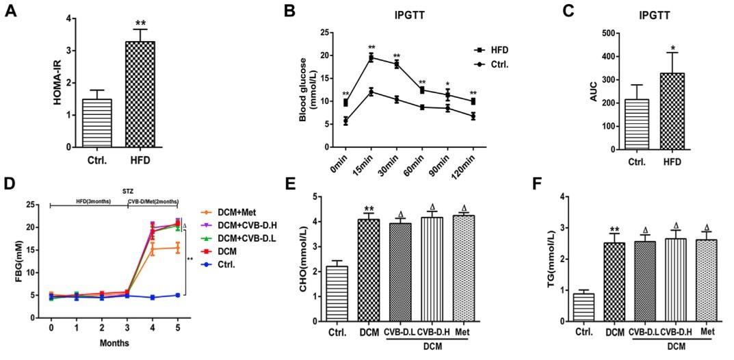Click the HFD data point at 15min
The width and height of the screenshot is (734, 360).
(x=371, y=57)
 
